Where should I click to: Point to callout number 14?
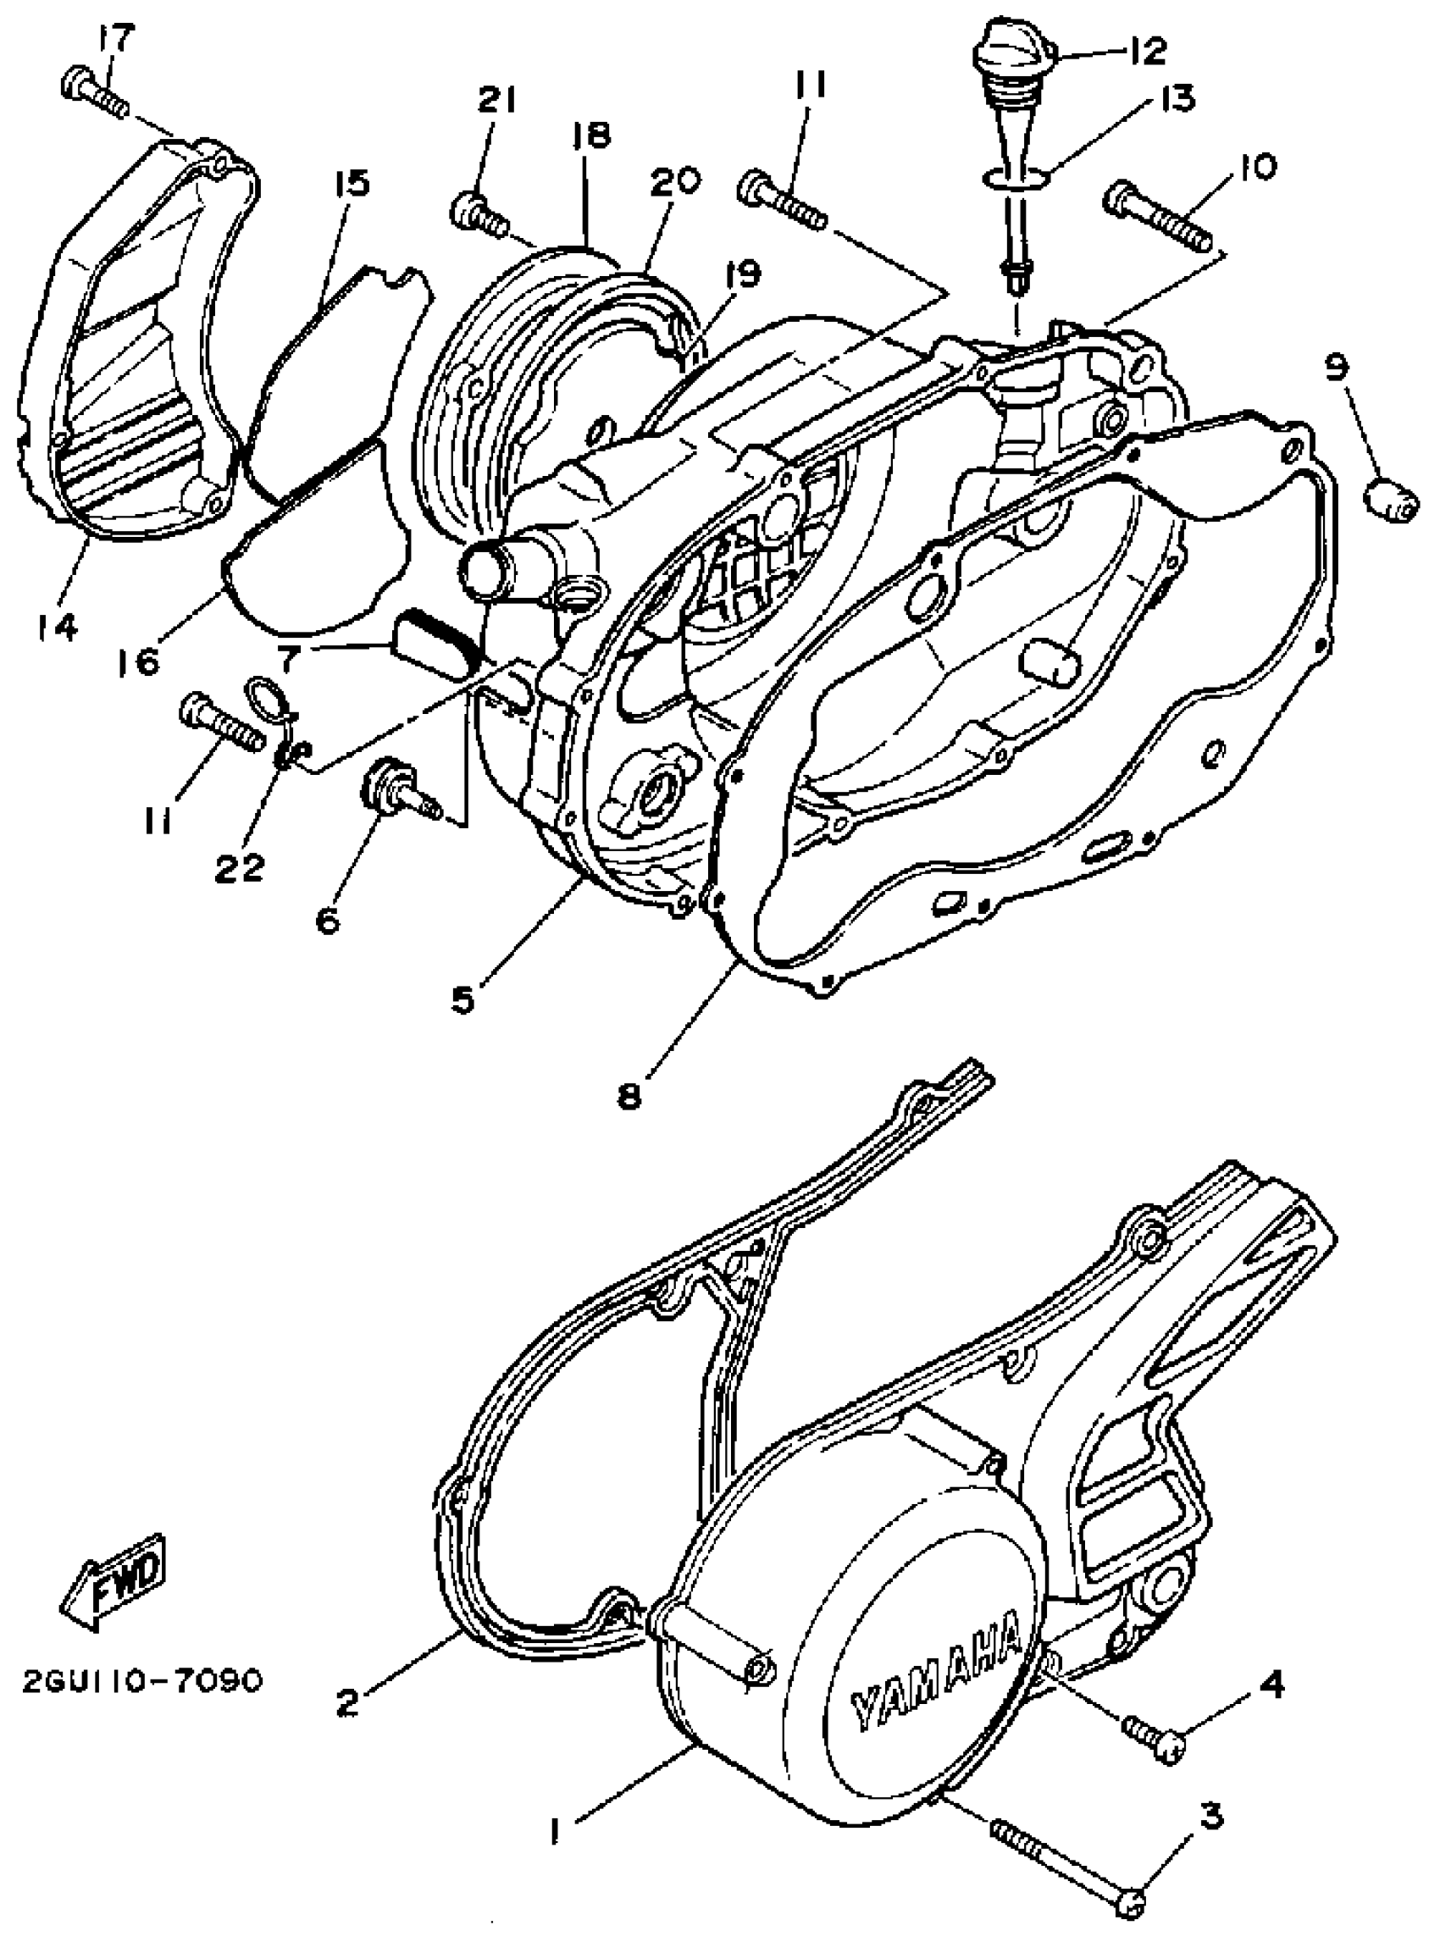(57, 626)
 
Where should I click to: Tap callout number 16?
(141, 661)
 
